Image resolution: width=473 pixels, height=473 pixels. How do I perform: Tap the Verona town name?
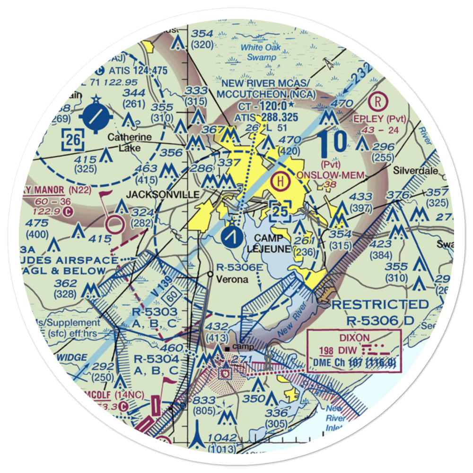tap(232, 279)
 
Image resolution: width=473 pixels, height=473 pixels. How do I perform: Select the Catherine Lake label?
tap(130, 143)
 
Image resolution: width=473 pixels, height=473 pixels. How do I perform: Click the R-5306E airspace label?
tap(253, 268)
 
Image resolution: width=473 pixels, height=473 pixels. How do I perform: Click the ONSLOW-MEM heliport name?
tap(331, 175)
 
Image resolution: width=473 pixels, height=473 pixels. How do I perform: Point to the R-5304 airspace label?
tap(156, 360)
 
